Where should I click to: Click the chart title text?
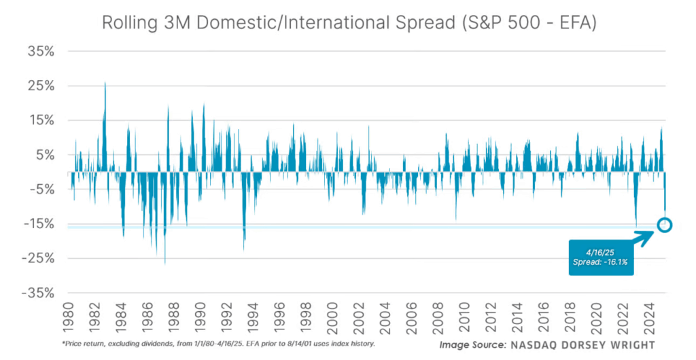(x=348, y=22)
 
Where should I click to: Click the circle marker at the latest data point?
(x=664, y=225)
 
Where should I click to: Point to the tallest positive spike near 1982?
(x=105, y=84)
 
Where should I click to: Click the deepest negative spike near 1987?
(x=164, y=262)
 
